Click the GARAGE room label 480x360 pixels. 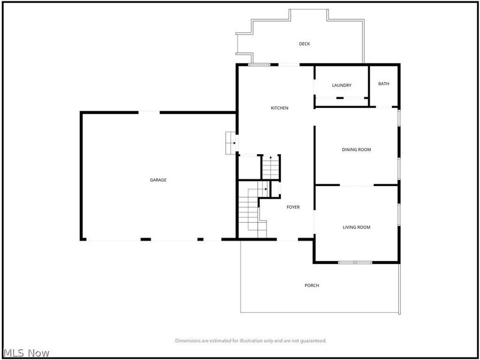coord(158,180)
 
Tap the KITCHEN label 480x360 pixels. coord(280,108)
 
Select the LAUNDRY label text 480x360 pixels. coord(341,85)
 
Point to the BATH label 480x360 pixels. coord(383,83)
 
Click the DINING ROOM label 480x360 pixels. coord(356,149)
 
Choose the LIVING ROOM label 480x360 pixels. coord(356,227)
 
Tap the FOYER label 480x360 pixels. coord(293,207)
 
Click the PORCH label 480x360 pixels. coord(311,286)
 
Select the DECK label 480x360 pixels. coord(304,44)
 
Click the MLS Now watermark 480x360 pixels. coord(25,353)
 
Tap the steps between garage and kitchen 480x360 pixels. coord(230,143)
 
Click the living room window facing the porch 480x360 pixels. coord(355,262)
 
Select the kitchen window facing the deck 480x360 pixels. coord(259,65)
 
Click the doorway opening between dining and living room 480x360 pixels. coord(356,185)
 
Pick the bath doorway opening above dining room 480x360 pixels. coord(384,107)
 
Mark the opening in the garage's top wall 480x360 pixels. coord(149,112)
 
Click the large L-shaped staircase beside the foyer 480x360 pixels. coord(253,209)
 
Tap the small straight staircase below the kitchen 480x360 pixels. coord(271,167)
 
